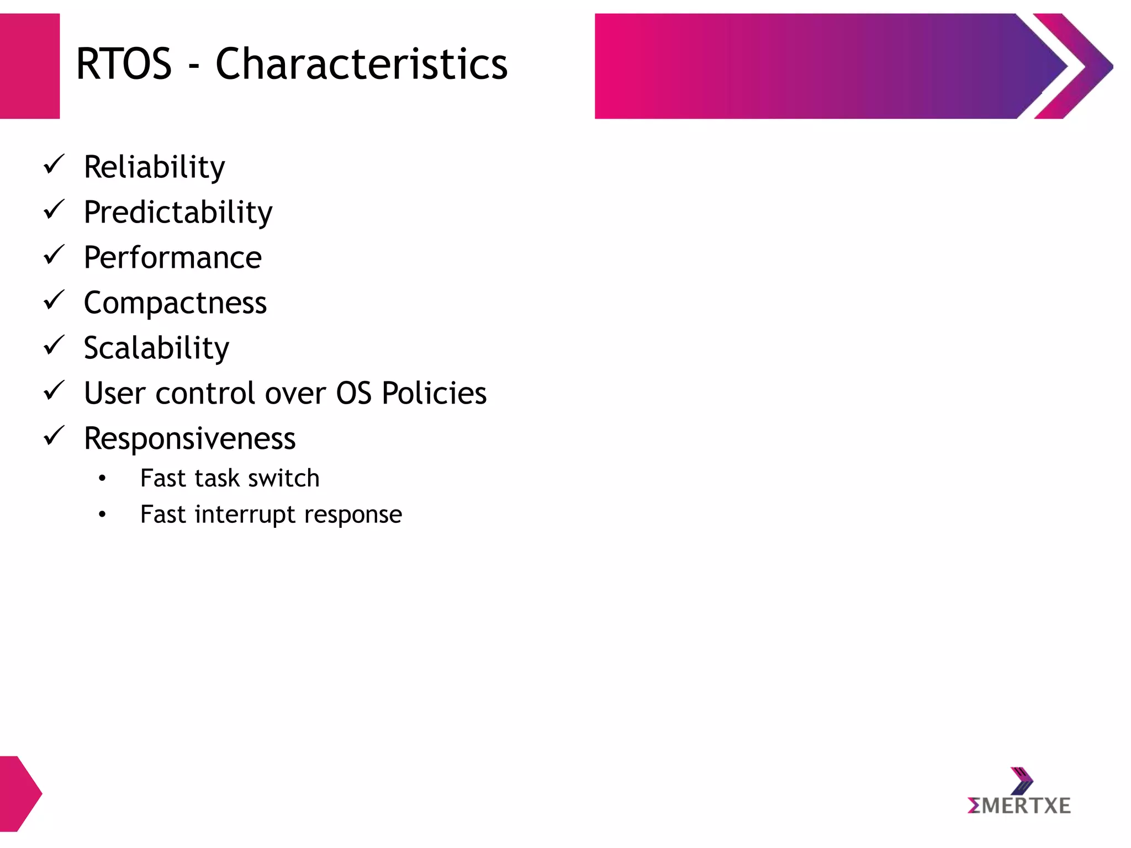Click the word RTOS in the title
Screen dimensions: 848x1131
124,64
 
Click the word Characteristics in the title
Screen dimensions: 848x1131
361,64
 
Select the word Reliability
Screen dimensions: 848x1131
154,167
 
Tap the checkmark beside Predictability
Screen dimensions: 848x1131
54,210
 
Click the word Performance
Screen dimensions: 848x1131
172,258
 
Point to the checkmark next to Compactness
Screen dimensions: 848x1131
54,300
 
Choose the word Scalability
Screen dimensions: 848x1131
156,348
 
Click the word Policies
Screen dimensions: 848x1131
434,394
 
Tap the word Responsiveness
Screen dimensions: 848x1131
189,439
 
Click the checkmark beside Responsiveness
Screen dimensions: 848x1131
54,436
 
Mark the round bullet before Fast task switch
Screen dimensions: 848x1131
102,479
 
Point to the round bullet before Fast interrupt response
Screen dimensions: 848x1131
102,515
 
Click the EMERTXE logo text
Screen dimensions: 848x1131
1019,806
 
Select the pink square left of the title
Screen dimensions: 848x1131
29,66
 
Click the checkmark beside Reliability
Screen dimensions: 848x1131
54,165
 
